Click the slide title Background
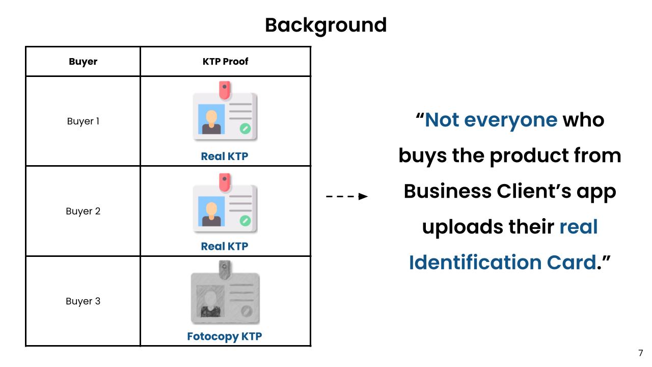tap(325, 25)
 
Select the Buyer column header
tap(83, 62)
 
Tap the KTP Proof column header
tap(225, 62)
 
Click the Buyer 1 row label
tap(83, 121)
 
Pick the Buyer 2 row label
tap(83, 211)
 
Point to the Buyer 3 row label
tap(83, 301)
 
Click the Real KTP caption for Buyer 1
tap(225, 156)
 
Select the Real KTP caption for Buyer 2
tap(225, 246)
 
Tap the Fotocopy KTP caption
tap(225, 336)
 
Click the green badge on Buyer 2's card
tap(245, 220)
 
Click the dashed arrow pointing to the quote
tap(347, 196)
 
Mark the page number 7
tap(640, 353)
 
